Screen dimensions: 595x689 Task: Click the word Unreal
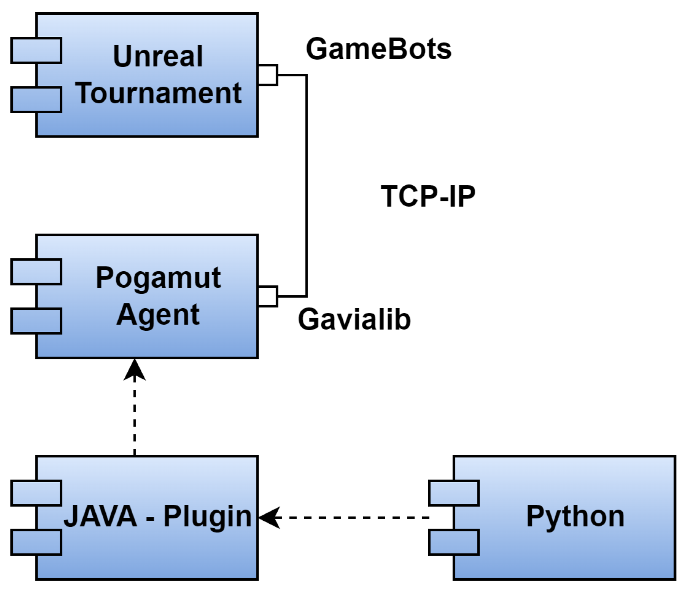coord(158,56)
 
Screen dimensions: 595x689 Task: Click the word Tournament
coord(158,93)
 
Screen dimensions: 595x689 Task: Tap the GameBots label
coord(378,49)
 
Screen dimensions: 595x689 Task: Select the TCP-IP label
coord(428,196)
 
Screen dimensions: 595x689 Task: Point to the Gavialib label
coord(354,319)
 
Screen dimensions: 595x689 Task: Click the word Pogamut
coord(158,278)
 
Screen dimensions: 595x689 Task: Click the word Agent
coord(158,315)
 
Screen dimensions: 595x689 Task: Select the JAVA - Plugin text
coord(158,516)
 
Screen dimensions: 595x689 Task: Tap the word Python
coord(575,516)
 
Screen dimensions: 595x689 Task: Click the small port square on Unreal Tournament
coord(268,75)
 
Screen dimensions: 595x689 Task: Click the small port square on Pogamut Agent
coord(268,296)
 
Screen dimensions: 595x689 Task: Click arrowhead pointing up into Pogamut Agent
coord(135,370)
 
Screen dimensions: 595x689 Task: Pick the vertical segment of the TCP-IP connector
coord(306,187)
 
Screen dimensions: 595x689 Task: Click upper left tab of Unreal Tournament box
coord(36,51)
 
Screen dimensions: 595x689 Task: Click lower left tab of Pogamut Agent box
coord(36,321)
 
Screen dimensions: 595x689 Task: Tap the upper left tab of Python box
coord(454,493)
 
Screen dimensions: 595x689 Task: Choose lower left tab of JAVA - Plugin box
coord(36,542)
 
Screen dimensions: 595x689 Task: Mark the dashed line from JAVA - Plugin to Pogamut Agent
coord(135,417)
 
